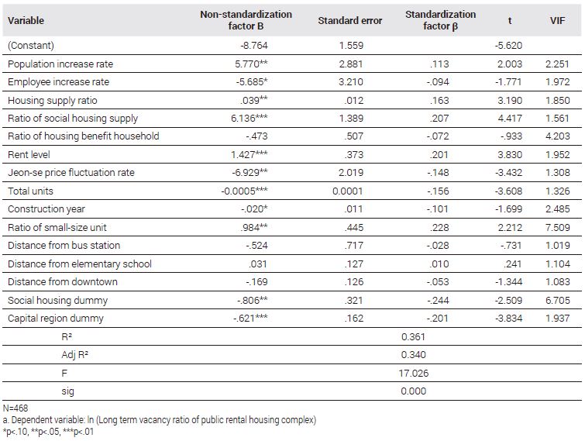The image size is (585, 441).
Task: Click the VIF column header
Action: pos(557,20)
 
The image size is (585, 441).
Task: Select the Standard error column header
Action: pos(350,20)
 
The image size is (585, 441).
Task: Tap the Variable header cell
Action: pos(26,20)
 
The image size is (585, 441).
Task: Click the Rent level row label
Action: pos(29,154)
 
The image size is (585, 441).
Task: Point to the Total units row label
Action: pos(30,191)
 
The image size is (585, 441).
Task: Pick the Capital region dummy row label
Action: pos(56,319)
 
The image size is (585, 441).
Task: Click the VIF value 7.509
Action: pos(557,228)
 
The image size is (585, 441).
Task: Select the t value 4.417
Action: pos(510,119)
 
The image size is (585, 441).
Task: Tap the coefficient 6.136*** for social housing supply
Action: pos(249,119)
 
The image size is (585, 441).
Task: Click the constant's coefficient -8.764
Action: pos(254,46)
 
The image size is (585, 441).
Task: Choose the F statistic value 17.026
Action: pos(414,373)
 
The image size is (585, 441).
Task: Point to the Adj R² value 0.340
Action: pos(414,354)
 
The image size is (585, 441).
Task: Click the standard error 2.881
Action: pos(351,64)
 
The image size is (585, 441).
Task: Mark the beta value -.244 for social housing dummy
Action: pos(438,301)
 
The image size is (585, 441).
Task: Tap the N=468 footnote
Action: pos(15,408)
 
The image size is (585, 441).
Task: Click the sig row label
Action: pos(67,391)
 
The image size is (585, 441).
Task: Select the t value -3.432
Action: pos(508,172)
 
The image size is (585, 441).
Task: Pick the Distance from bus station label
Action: pos(64,246)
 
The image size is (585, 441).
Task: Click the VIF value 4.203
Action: pos(557,136)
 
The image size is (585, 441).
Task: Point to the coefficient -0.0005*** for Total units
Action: pos(244,191)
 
